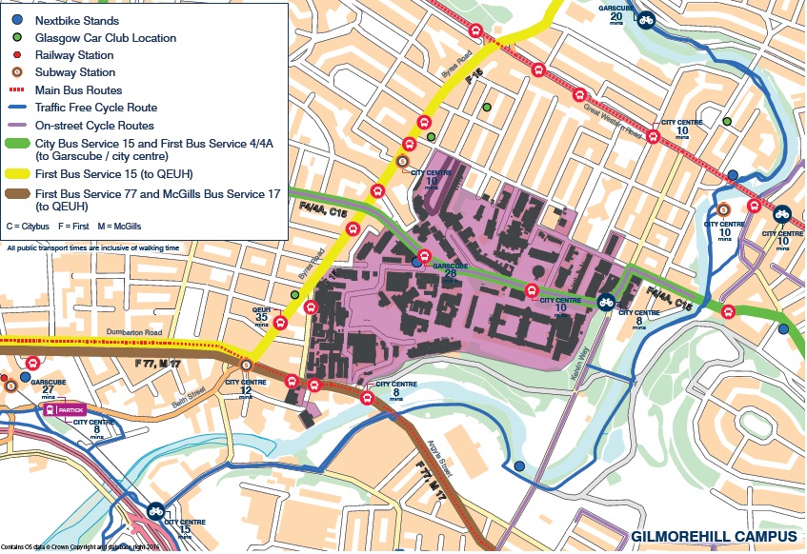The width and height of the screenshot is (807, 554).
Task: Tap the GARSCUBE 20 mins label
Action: (x=616, y=11)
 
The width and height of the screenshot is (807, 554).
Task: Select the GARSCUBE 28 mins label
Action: (x=450, y=269)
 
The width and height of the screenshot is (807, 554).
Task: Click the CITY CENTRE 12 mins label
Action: (x=245, y=386)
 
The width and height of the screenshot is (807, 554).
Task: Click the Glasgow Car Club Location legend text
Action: (x=106, y=38)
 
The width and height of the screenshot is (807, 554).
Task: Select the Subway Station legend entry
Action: (x=74, y=72)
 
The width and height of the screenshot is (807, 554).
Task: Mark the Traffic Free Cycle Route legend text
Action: (x=96, y=108)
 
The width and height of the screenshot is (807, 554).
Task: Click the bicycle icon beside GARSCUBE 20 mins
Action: (x=646, y=18)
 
